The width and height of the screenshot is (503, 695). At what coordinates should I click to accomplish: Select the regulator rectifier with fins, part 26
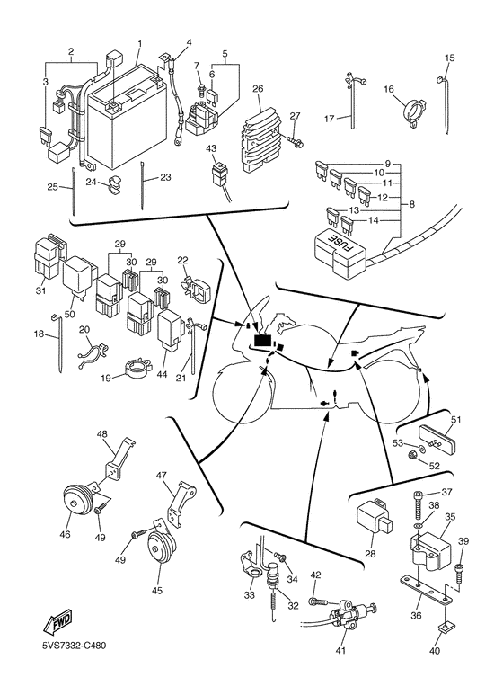(x=259, y=135)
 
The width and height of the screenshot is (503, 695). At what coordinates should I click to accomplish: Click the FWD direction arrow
(x=57, y=623)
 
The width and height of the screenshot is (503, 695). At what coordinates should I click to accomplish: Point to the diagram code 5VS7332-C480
(x=74, y=646)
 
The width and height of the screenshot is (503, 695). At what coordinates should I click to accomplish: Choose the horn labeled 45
(x=159, y=548)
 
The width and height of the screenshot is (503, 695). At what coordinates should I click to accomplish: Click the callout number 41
(x=340, y=650)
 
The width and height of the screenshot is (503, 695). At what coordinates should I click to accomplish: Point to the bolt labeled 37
(x=418, y=505)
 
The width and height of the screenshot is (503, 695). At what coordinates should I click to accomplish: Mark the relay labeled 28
(x=375, y=516)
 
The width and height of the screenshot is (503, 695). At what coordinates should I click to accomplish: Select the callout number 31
(x=40, y=290)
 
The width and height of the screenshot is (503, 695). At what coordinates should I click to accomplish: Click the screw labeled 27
(x=295, y=140)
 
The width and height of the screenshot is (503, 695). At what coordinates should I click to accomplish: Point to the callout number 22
(x=183, y=260)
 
